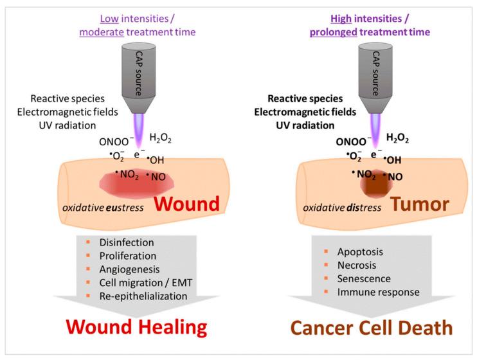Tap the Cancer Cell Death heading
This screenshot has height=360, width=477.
point(371,327)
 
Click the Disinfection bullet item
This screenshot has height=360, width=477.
point(127,242)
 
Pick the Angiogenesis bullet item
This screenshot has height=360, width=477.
point(130,269)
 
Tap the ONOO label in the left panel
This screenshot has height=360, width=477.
point(124,143)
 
